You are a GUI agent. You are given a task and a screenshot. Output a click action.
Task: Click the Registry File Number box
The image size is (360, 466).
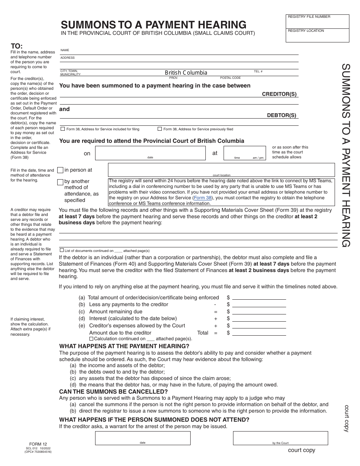pos(318,22)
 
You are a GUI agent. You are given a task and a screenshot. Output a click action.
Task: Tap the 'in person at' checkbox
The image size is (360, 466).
pos(60,170)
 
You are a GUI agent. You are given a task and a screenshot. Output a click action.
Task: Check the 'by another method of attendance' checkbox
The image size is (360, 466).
pos(60,182)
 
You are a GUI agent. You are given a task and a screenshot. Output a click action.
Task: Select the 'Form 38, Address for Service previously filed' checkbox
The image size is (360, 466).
pos(160,129)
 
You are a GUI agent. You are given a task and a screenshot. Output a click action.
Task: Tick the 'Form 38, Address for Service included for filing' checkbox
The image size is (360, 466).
pos(63,129)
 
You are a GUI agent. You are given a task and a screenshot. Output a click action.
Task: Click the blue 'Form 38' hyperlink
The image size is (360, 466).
pos(202,198)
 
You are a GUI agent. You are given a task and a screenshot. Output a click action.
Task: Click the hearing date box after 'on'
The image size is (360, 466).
pos(150,153)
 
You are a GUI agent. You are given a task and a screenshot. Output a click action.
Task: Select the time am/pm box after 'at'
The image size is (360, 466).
pos(244,153)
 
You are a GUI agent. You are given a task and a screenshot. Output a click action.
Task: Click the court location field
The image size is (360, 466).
pos(221,169)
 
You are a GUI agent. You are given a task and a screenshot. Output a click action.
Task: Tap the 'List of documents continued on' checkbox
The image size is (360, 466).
pos(62,250)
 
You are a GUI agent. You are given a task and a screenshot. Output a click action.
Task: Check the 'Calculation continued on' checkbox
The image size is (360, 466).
pos(91,338)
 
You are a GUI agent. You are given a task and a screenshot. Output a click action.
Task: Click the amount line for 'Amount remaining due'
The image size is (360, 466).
pos(259,312)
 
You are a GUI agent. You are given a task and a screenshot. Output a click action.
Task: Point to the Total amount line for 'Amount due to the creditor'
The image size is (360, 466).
pos(259,333)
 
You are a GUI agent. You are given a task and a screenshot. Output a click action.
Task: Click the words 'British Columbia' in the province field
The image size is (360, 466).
pos(186,72)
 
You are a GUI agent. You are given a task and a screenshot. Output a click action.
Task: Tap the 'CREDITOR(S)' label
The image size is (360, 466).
pos(279,94)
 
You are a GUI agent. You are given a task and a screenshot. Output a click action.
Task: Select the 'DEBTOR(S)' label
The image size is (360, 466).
pos(282,116)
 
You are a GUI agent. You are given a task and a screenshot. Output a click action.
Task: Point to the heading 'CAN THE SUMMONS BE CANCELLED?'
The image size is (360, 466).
pos(113,391)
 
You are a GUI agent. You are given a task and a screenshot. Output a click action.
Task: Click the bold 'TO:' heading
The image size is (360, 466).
pos(17,47)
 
